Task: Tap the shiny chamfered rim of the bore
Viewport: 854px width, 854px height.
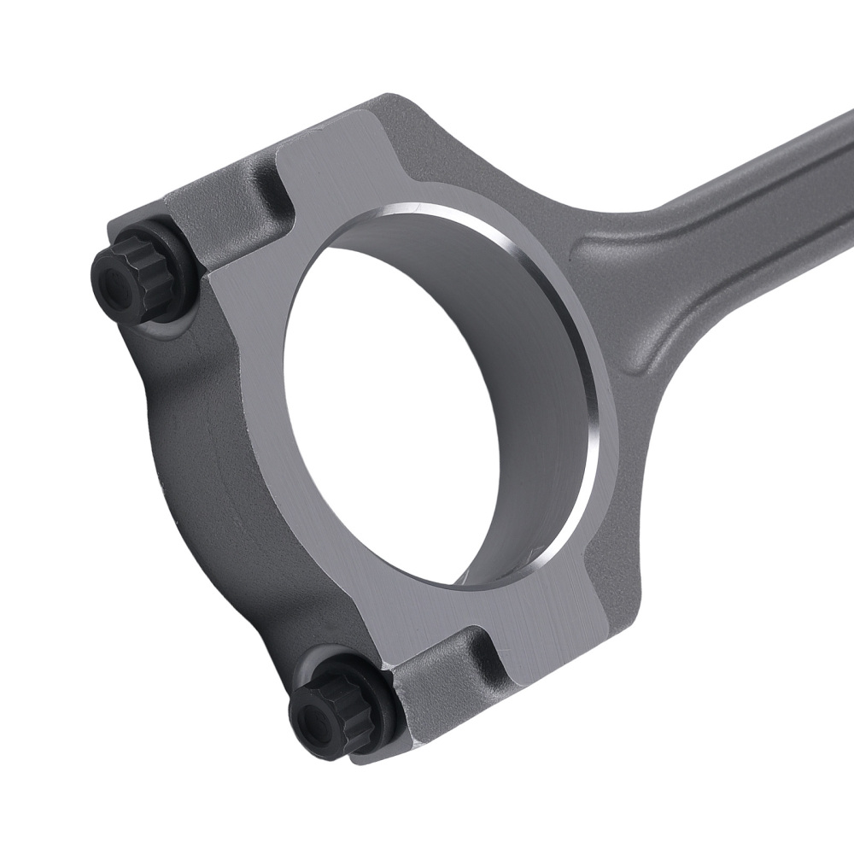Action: coord(547,282)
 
